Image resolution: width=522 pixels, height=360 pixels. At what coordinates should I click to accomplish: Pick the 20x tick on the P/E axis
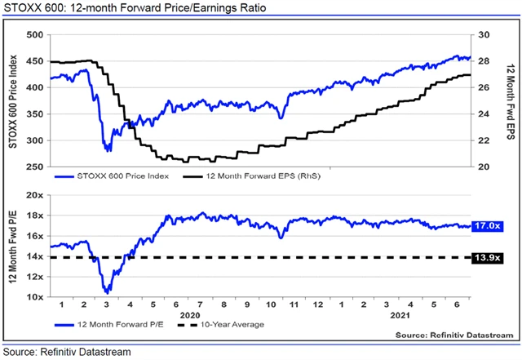33,196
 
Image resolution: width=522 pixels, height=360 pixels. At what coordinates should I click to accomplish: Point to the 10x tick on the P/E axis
33,297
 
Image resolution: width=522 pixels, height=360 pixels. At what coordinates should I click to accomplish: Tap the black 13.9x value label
488,258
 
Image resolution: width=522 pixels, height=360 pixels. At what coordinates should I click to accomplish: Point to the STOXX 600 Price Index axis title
12,100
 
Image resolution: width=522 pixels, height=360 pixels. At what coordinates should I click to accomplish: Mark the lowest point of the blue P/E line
106,292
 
